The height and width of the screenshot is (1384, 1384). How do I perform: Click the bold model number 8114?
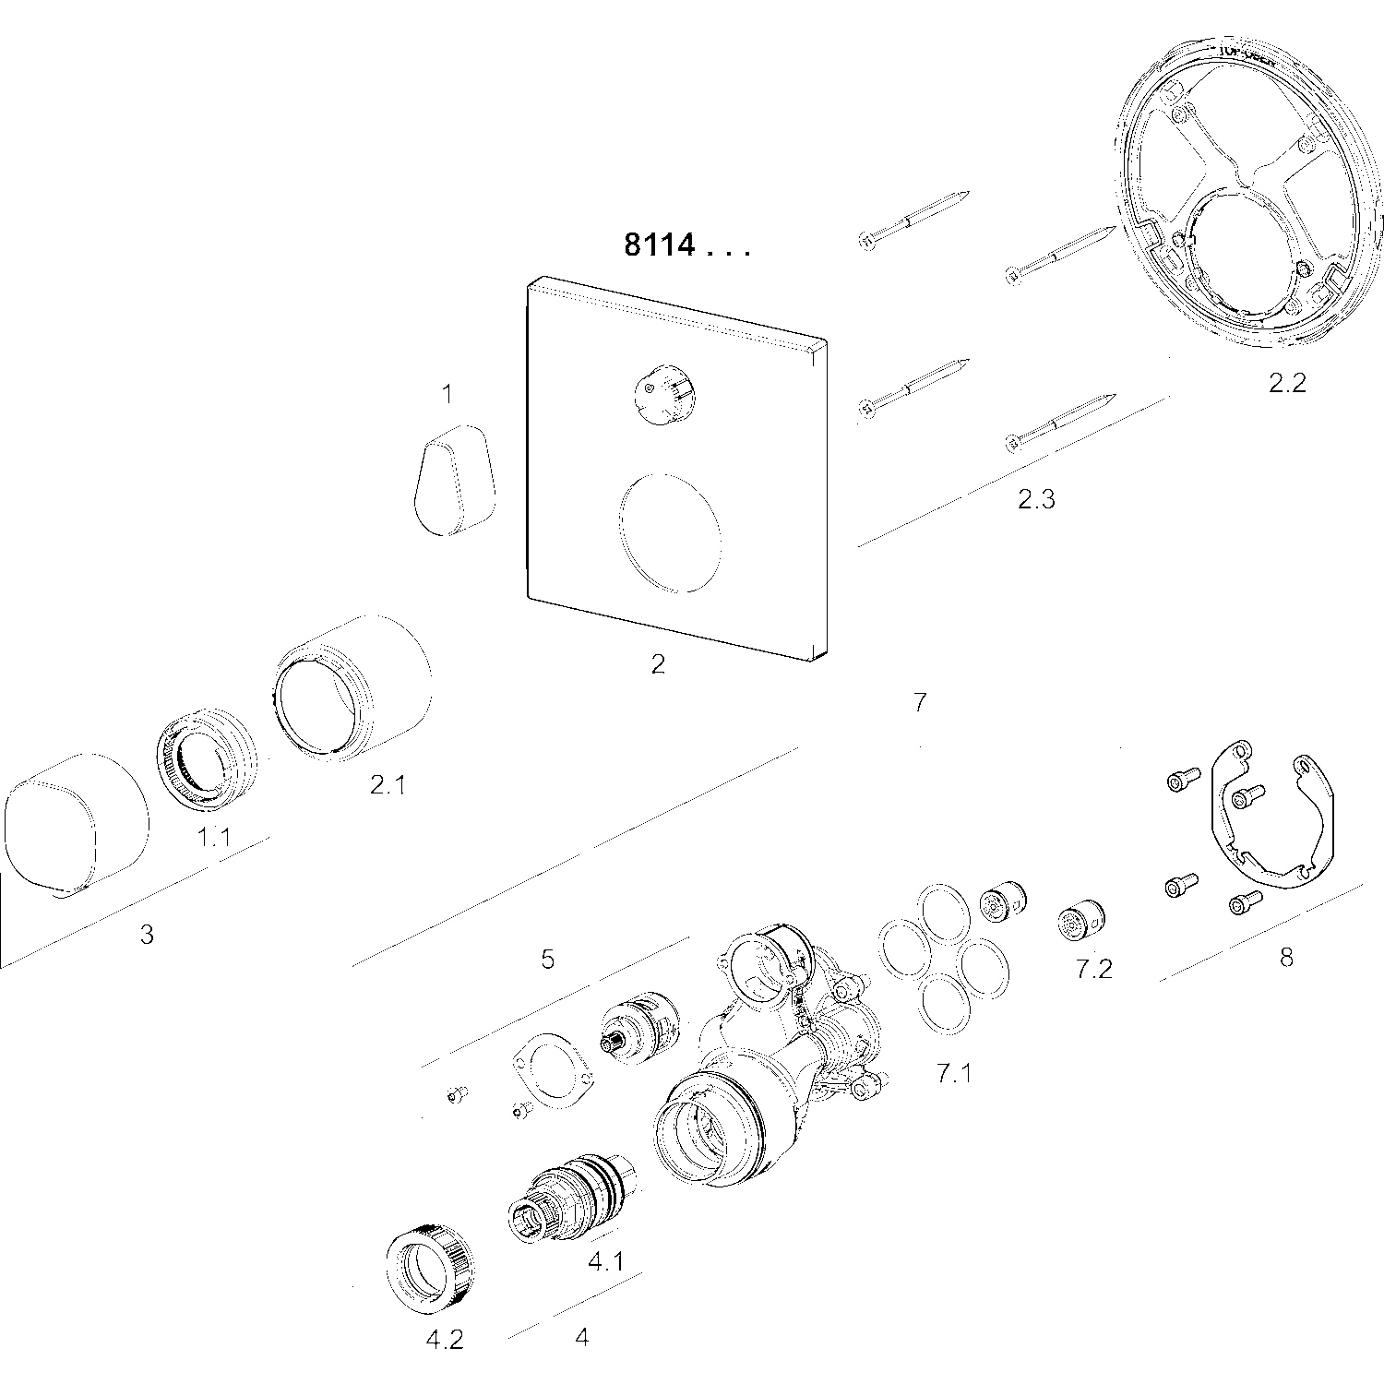point(660,246)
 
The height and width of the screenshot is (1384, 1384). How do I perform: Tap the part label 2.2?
point(1286,382)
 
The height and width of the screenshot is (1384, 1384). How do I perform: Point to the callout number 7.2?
point(1093,968)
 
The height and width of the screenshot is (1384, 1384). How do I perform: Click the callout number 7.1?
point(954,1072)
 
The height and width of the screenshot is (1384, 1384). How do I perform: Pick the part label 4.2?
point(444,1340)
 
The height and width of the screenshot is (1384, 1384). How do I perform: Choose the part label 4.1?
point(605,1259)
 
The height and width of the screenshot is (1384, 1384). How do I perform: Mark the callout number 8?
point(1286,957)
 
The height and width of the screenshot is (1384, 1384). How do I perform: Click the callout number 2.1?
point(388,784)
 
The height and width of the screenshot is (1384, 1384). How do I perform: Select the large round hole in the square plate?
point(670,533)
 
